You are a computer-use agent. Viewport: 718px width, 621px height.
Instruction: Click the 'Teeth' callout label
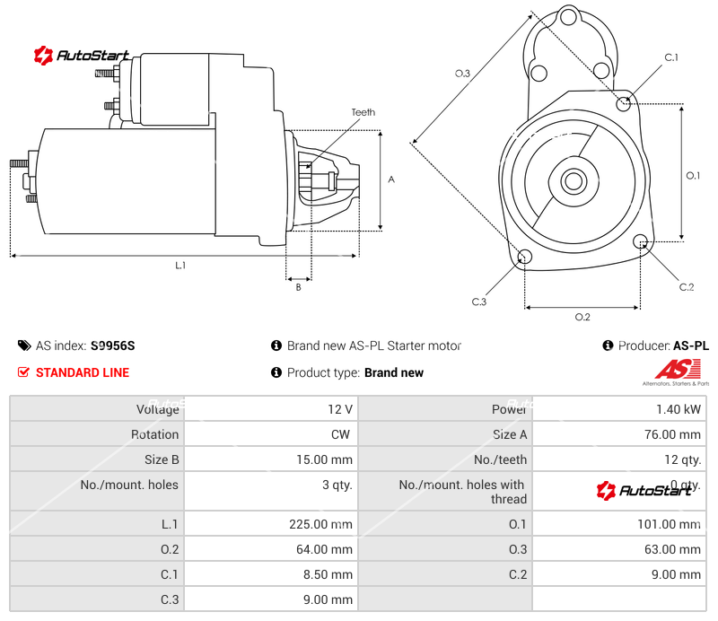tap(363, 112)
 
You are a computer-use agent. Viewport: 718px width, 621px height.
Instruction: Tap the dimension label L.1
tap(180, 265)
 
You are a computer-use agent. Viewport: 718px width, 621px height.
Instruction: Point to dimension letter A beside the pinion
tap(391, 179)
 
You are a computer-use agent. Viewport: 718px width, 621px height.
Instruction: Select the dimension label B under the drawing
tap(298, 287)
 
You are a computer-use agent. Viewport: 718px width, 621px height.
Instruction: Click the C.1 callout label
tap(670, 57)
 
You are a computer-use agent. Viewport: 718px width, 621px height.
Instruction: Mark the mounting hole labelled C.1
tap(625, 103)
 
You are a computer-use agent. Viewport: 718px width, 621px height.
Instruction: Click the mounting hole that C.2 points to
tap(641, 242)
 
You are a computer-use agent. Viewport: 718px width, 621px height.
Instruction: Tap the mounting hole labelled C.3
tap(525, 258)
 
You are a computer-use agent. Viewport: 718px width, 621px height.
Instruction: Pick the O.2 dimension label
tap(582, 317)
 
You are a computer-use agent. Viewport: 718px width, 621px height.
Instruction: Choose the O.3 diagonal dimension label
tap(462, 74)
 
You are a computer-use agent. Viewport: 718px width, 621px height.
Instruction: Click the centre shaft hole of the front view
tap(572, 181)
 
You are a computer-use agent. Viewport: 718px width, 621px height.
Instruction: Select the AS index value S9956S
tap(113, 345)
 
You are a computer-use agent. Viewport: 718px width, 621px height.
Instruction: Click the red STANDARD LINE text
tap(83, 372)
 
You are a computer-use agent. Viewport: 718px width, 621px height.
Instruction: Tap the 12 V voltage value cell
tap(340, 409)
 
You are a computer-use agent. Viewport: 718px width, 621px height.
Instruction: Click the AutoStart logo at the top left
tap(83, 56)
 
